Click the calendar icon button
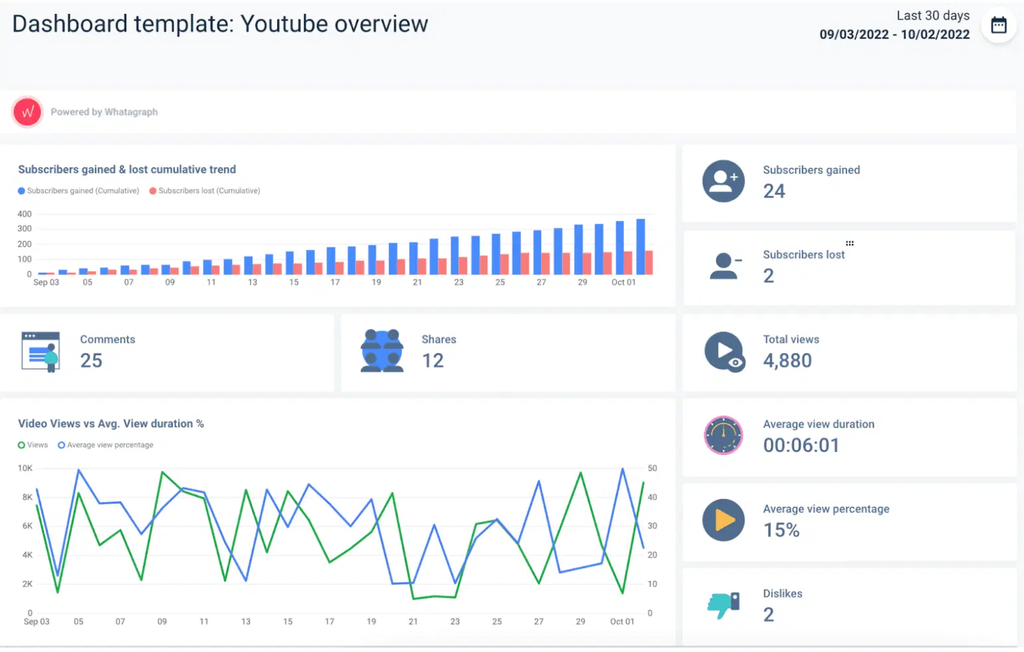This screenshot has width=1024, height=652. point(999,25)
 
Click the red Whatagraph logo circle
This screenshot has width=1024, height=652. point(27,112)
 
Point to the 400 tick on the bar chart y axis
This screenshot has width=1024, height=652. point(25,214)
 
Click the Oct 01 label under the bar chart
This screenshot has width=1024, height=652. point(623,283)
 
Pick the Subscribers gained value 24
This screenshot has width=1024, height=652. point(774,192)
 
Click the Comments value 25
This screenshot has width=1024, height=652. point(91,361)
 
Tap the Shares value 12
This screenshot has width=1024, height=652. point(433,361)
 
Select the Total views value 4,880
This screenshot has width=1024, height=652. point(787,361)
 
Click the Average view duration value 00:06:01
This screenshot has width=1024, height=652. point(801,445)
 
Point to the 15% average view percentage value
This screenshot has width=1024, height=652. point(781,530)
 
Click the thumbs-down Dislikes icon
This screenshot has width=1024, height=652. point(723,605)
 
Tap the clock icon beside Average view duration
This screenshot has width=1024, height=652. point(723,436)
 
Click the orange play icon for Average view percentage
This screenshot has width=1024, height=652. point(723,520)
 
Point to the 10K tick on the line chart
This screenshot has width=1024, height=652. point(25,468)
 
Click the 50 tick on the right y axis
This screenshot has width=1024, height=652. point(652,468)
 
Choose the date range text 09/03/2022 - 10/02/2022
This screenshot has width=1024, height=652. point(894,35)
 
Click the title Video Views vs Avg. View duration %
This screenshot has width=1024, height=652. point(111,424)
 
